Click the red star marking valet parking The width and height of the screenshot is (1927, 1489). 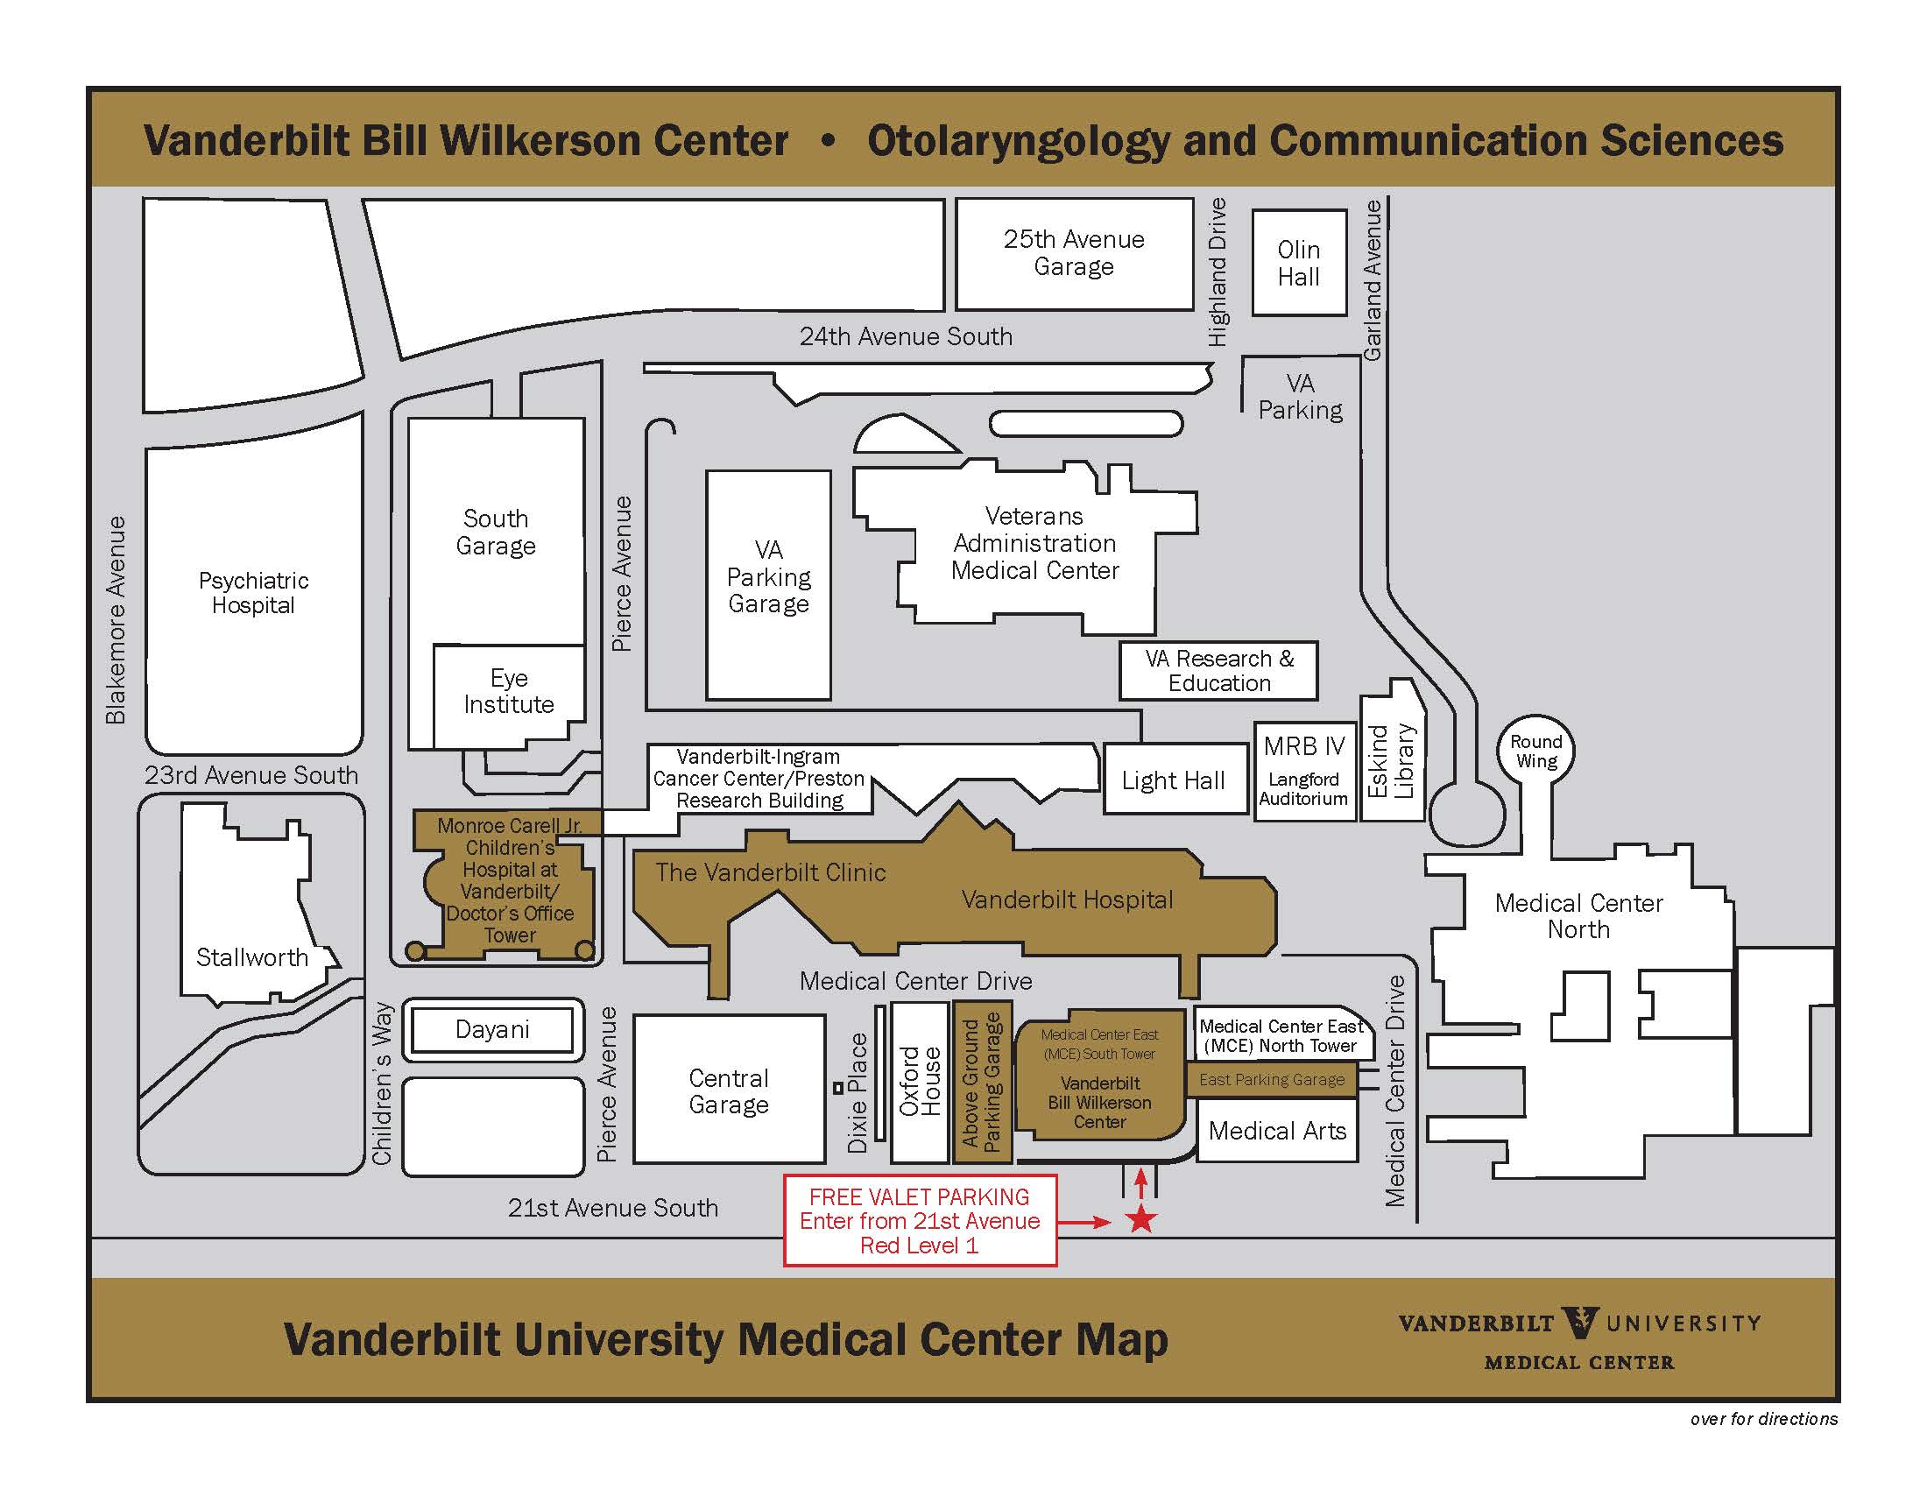click(x=1141, y=1220)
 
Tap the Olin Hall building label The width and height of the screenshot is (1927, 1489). click(x=1299, y=263)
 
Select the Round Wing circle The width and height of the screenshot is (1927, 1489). click(x=1535, y=752)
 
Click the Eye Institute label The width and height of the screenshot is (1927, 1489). click(x=509, y=691)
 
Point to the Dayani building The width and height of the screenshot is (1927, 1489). click(x=492, y=1029)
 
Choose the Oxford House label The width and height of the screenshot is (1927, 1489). click(x=920, y=1081)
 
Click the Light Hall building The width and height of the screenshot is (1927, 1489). click(x=1174, y=780)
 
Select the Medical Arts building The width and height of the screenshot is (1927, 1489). click(x=1277, y=1131)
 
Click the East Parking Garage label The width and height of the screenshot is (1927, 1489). click(x=1272, y=1080)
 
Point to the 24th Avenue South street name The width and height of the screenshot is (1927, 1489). click(x=906, y=336)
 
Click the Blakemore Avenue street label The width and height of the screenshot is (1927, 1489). click(x=116, y=620)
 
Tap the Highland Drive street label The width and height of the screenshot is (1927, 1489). click(x=1218, y=272)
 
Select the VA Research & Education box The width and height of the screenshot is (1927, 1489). click(x=1218, y=670)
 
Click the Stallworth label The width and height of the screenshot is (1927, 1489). click(x=252, y=957)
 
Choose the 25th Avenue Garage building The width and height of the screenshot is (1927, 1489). click(x=1074, y=253)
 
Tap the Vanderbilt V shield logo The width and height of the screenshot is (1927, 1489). click(x=1578, y=1323)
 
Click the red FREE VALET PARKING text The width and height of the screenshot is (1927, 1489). click(x=920, y=1197)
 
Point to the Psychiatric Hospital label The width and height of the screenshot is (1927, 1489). click(x=253, y=593)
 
